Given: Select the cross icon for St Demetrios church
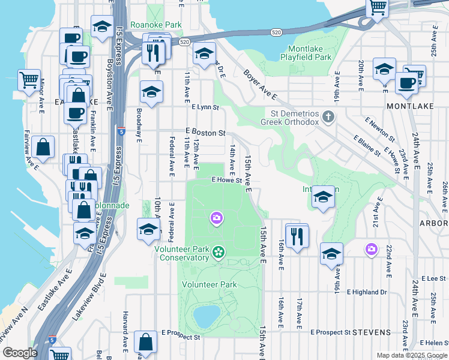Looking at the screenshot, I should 327,116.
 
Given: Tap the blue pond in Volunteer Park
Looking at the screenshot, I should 206,314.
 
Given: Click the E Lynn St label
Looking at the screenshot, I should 205,107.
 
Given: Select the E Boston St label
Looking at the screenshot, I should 205,132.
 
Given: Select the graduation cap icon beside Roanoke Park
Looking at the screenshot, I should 103,26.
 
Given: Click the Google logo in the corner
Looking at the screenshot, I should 19,353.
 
